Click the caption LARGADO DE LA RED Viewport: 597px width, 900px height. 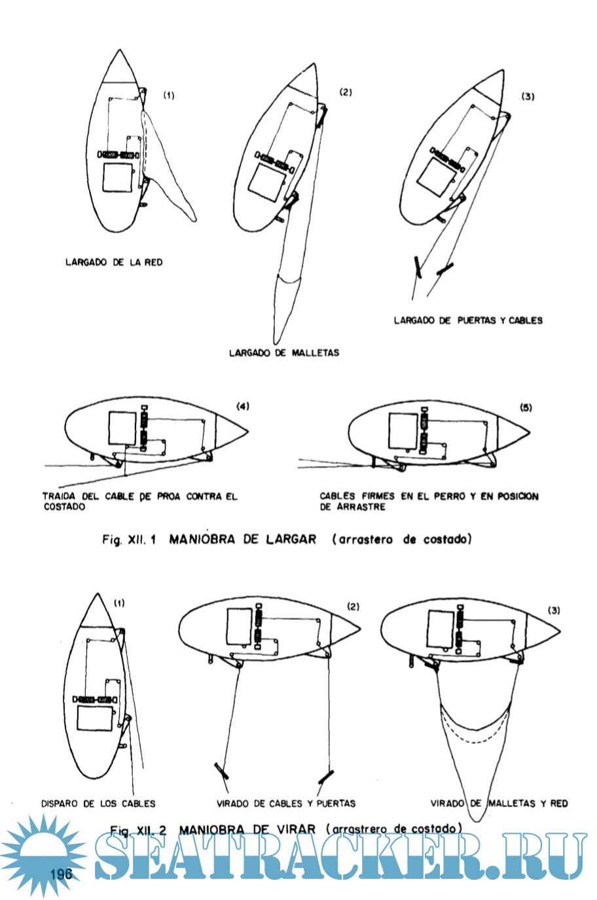coord(114,262)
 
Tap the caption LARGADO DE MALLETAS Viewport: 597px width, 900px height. coord(284,352)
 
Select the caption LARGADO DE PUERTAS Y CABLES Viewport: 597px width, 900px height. coord(468,320)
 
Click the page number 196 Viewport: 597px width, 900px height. coord(60,874)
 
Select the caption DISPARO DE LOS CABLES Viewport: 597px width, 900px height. coord(98,803)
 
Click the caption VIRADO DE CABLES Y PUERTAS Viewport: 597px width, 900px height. coord(286,803)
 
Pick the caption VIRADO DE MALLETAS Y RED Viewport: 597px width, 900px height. coord(499,803)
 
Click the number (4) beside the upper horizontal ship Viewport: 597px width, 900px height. coord(243,406)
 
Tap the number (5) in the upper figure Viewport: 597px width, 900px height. coord(526,407)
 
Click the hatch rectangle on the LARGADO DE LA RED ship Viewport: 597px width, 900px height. coord(118,178)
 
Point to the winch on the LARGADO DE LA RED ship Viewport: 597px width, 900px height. coord(118,155)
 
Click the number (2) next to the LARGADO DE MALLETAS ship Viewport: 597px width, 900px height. coord(346,92)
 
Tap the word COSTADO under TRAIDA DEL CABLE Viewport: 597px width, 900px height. coord(64,507)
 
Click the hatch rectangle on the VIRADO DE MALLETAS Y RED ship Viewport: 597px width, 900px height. coord(440,627)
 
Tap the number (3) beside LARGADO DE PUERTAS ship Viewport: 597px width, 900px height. coord(528,96)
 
